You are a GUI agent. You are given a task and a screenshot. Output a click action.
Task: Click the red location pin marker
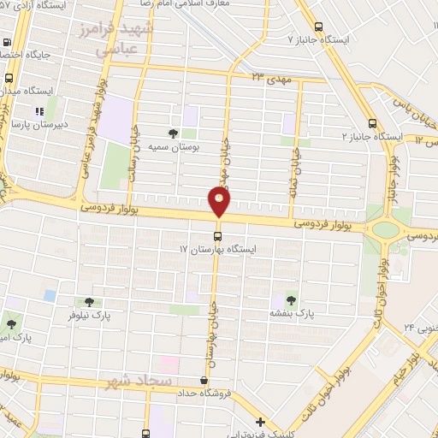coord(220,202)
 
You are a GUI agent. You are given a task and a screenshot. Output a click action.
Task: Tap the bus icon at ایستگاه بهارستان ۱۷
coord(217,235)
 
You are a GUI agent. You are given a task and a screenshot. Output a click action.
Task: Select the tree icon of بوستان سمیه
coord(174,133)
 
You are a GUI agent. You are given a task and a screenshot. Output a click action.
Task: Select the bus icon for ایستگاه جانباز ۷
coord(319,27)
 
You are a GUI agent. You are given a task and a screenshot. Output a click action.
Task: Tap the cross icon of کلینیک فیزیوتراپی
coord(260,421)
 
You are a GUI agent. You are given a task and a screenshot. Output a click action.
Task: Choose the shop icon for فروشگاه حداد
coord(204,381)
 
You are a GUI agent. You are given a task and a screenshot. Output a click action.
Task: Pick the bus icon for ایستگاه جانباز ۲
coord(371,122)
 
